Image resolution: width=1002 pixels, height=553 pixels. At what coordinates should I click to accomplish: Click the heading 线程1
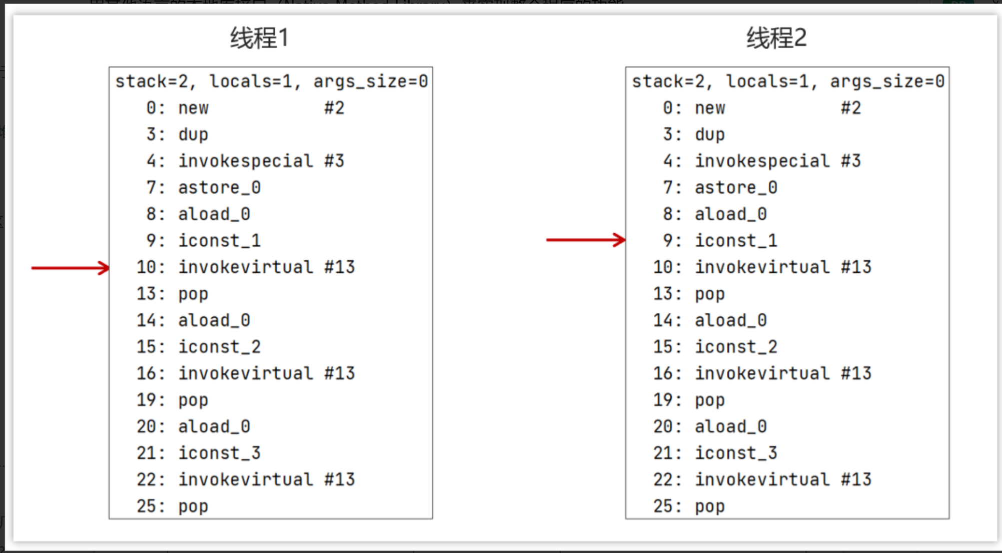coord(259,38)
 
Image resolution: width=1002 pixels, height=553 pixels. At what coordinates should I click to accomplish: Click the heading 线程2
coord(776,38)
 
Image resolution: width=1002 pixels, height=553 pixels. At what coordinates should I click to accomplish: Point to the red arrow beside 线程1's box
coord(70,268)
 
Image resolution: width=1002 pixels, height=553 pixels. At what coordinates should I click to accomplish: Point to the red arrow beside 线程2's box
coord(585,240)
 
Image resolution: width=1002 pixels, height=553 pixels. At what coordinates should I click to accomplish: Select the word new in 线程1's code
coord(193,108)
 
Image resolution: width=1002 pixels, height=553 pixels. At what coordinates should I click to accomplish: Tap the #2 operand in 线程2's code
coord(850,108)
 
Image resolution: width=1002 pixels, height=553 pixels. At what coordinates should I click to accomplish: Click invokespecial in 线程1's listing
coord(245,161)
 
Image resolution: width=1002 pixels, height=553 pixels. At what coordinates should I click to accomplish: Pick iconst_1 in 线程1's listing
coord(219,241)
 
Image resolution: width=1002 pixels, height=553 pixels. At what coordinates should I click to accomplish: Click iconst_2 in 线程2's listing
coord(736,347)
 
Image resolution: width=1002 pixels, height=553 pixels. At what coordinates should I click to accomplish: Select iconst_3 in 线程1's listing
coord(219,453)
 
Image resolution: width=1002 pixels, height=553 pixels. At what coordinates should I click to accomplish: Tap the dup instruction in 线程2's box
coord(710,135)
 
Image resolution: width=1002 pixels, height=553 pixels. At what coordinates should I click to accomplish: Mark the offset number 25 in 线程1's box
coord(147,506)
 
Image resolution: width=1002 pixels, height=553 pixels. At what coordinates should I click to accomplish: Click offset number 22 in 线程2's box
coord(663,479)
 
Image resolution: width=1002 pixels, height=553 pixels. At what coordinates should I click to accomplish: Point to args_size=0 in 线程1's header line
coord(370,82)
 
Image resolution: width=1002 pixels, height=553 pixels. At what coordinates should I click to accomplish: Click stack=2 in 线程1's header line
coord(152,82)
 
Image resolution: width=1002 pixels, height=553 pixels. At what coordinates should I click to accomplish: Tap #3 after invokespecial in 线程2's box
coord(850,161)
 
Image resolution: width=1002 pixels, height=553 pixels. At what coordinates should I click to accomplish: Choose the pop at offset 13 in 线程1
coord(193,294)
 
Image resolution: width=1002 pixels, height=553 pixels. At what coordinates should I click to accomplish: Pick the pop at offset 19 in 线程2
coord(710,400)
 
